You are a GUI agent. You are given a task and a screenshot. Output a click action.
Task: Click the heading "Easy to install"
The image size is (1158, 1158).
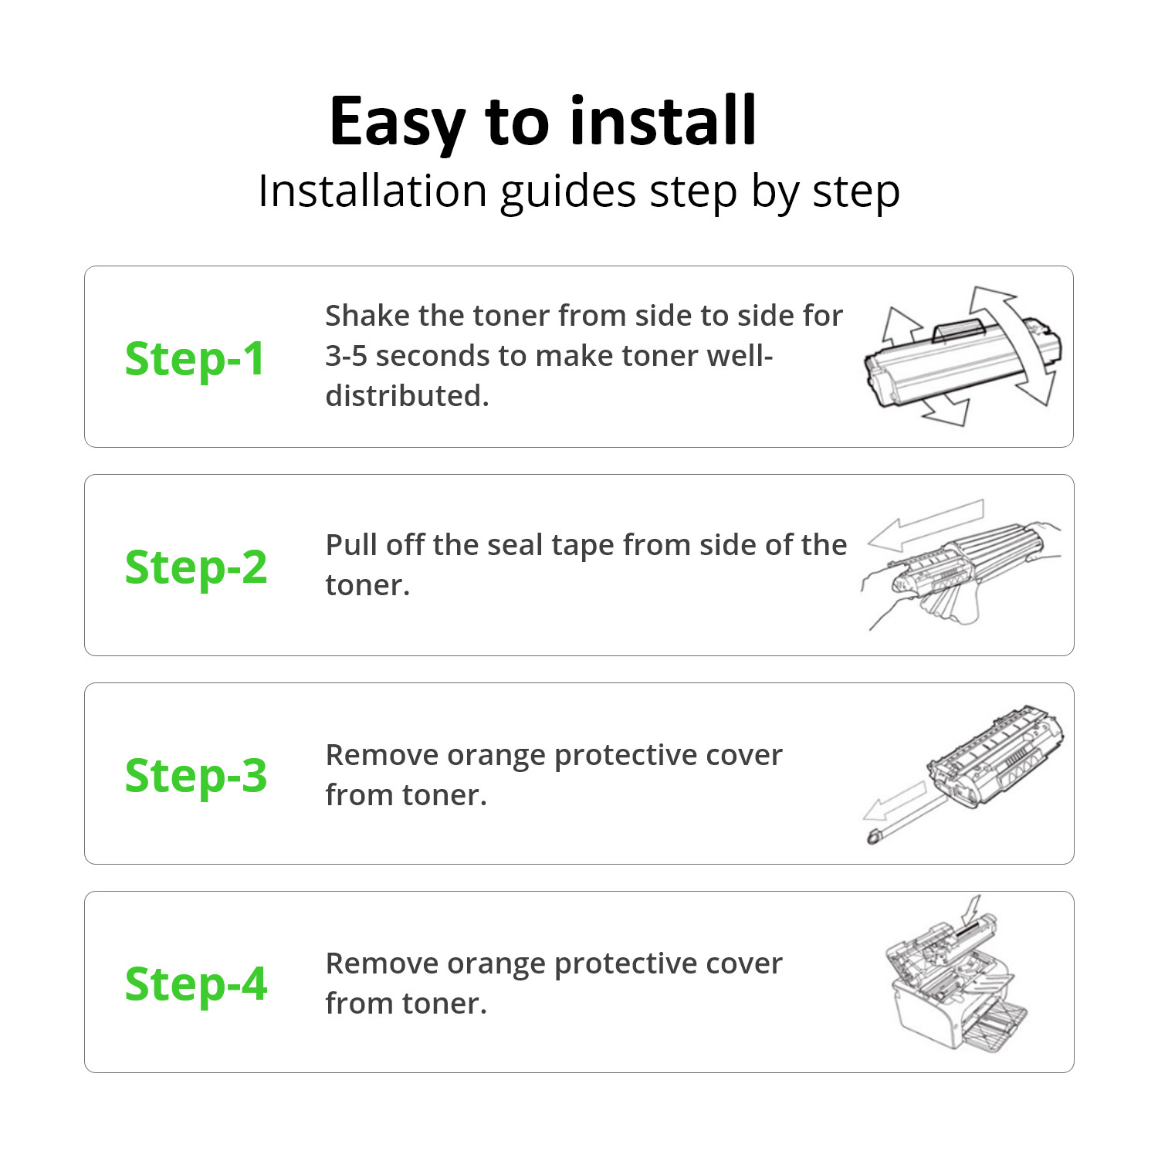(x=543, y=121)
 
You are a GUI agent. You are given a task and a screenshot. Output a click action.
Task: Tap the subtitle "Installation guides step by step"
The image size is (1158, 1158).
(x=579, y=191)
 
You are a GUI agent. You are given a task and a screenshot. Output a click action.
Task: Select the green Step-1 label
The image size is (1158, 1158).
(x=195, y=359)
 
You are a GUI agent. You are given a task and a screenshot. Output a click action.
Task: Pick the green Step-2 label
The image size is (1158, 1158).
(x=196, y=567)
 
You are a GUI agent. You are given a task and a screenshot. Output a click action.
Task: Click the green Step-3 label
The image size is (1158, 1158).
(x=196, y=775)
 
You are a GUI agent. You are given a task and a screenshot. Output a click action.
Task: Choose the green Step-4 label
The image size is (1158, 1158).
(x=196, y=984)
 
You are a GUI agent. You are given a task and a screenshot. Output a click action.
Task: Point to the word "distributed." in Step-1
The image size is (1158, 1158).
(x=407, y=396)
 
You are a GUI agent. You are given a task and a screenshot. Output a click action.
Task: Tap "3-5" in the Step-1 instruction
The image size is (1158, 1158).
(x=346, y=356)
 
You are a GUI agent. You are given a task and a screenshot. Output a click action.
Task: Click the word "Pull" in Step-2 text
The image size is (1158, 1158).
(x=351, y=545)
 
